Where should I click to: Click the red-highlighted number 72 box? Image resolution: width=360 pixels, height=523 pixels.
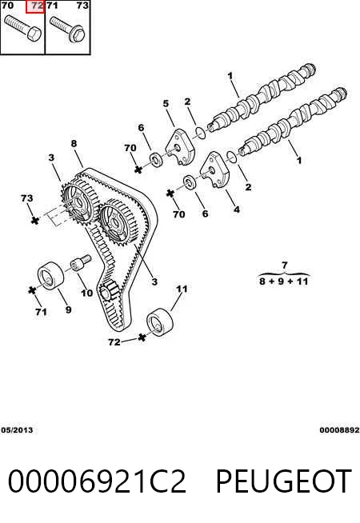point(35,6)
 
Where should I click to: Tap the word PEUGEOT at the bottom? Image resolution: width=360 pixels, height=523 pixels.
point(283,481)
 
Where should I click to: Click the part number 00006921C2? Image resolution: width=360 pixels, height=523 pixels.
point(97,481)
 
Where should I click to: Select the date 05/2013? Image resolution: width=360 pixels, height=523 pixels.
point(17,430)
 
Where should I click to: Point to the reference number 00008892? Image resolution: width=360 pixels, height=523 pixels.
point(339,430)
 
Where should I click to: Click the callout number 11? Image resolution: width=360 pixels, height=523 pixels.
point(182,289)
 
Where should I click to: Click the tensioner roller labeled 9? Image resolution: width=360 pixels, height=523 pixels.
point(50,276)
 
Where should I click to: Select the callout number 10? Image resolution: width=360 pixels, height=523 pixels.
point(86,293)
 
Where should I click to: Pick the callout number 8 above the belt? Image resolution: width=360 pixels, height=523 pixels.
point(74,143)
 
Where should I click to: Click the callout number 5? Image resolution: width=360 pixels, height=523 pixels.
point(166,104)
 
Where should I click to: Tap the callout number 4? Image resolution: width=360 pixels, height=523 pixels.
point(237,210)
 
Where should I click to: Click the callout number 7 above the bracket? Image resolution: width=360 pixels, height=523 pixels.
point(284,265)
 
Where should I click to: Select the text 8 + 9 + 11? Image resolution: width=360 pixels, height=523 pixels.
point(283,281)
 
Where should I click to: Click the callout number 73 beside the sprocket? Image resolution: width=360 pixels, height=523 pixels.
point(26,198)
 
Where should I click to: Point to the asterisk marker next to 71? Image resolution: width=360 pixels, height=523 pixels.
point(32,290)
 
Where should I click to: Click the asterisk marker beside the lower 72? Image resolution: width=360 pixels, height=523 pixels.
point(142,337)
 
